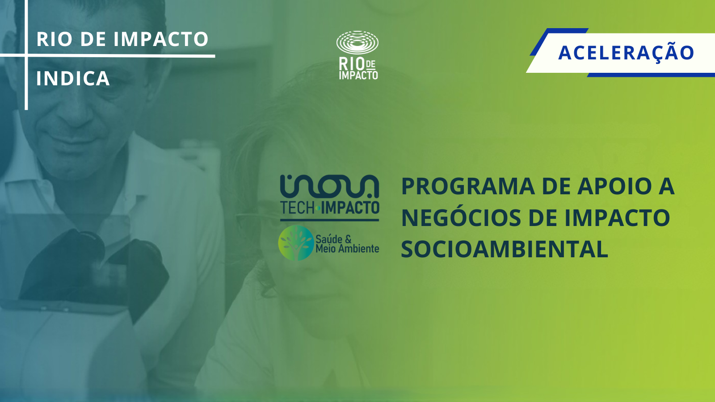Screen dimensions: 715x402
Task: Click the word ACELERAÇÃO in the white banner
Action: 626,52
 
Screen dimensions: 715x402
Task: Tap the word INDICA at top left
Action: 73,78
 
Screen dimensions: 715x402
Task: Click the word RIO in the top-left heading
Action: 54,39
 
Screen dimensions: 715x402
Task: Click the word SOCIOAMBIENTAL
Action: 505,249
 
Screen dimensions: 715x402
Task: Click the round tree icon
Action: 296,243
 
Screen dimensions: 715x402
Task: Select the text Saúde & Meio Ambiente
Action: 347,244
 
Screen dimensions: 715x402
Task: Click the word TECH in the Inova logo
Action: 298,208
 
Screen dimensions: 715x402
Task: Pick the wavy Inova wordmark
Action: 329,187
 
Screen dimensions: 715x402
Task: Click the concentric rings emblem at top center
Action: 357,42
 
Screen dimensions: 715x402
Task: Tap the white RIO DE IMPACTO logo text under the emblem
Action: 358,69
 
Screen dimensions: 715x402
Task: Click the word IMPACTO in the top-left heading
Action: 161,39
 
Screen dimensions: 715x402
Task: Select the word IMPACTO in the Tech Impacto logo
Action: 350,208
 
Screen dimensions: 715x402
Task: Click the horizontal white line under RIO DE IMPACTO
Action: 108,56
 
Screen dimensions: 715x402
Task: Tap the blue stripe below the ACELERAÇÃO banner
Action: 651,75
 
